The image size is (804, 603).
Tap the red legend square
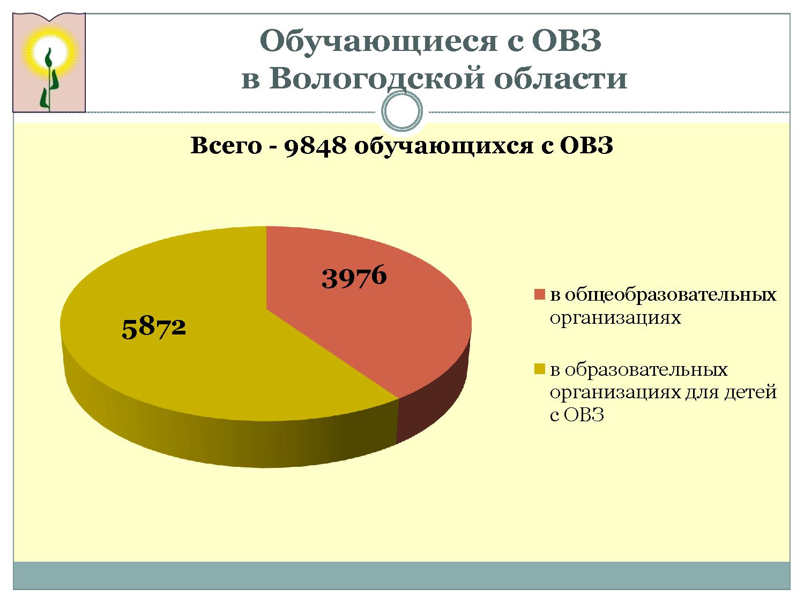pos(540,294)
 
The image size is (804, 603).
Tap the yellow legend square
pos(540,369)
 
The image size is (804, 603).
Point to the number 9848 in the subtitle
pos(315,146)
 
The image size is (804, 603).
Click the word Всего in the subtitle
pos(226,145)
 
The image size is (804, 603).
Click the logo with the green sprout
pos(49,62)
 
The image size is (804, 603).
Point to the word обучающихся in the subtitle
pos(444,146)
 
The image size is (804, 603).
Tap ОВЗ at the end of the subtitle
pos(586,145)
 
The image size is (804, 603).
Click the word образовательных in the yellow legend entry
pos(646,369)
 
